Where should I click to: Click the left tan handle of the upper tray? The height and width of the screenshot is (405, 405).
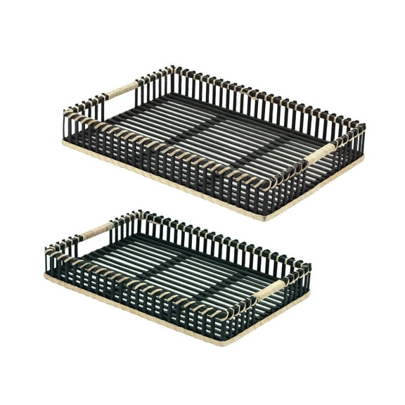(122, 90)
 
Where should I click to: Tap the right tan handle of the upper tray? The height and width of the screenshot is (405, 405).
(321, 153)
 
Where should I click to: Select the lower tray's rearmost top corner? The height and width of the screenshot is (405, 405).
(141, 212)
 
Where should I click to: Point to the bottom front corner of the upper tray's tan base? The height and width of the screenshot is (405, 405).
(266, 219)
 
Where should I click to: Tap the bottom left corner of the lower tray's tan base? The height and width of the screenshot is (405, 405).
(46, 276)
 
